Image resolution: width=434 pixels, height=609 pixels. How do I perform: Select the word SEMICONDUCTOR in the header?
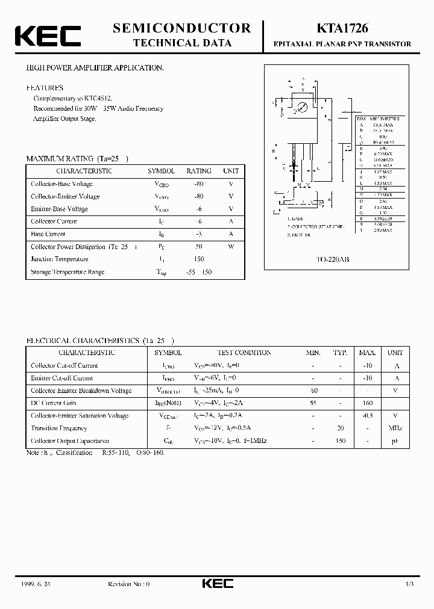coord(181,28)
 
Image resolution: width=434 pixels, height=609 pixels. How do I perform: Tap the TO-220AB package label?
coord(333,259)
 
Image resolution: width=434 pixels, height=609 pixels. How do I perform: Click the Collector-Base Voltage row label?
coord(61,184)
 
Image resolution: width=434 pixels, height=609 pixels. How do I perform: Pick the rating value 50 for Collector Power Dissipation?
coord(198,247)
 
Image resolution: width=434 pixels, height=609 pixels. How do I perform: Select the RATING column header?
coord(198,171)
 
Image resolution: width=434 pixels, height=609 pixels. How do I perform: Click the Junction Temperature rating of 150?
coord(198,259)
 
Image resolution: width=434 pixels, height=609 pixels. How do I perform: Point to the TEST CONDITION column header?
coord(244,353)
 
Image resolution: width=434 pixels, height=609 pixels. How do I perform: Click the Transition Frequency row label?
coord(58,428)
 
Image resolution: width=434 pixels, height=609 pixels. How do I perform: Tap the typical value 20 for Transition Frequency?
coord(341,428)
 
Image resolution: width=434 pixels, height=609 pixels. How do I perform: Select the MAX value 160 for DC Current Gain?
coord(367,403)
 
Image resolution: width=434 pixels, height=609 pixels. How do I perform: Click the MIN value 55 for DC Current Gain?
coord(313,403)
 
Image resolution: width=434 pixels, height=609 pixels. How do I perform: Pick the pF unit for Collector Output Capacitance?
coord(396,441)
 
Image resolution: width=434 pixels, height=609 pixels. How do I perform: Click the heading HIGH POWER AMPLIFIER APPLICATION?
coord(95,68)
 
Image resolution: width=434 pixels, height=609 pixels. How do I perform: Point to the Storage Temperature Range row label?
coord(68,272)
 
